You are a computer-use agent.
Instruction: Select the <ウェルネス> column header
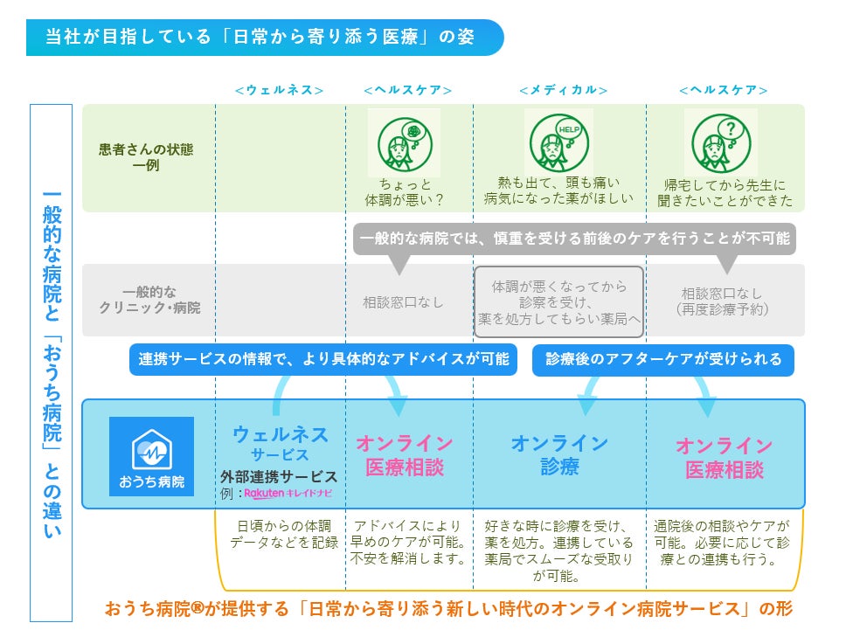coord(280,90)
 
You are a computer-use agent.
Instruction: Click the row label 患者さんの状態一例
coord(146,157)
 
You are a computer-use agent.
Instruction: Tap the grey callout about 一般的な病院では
coord(574,239)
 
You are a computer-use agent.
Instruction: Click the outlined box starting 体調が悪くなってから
coord(559,302)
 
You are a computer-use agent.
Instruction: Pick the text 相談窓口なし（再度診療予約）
coord(722,301)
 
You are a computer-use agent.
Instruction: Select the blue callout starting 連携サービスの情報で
coord(323,359)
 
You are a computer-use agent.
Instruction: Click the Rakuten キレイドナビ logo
coord(288,494)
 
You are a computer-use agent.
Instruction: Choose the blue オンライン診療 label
coord(559,454)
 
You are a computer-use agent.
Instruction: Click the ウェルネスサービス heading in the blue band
coord(280,443)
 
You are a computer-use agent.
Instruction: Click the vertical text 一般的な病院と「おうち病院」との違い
coord(52,363)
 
